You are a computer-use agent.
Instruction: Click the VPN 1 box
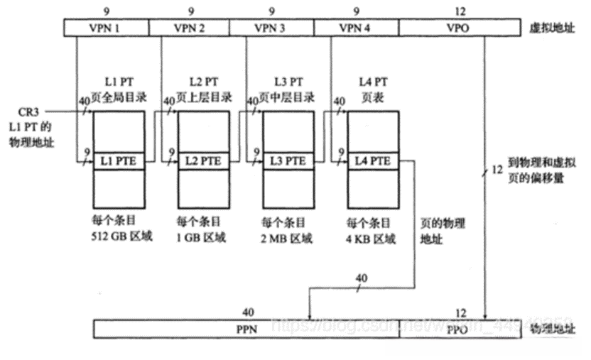click(106, 28)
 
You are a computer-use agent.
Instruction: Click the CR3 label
click(32, 113)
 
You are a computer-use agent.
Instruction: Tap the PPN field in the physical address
click(247, 329)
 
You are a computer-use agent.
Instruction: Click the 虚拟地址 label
click(549, 28)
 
